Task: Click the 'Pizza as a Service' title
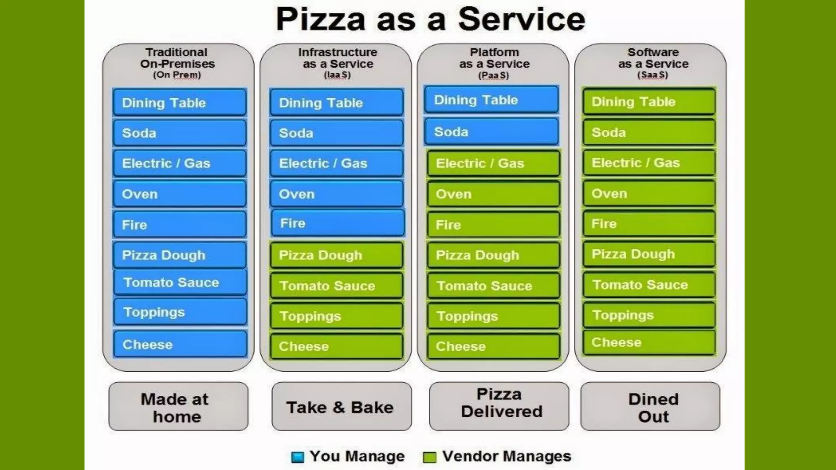431,19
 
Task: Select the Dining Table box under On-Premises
180,102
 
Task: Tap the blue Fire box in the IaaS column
338,223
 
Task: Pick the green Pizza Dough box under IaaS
336,255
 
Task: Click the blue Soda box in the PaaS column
491,132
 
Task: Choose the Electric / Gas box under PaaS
493,163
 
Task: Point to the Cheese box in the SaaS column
649,342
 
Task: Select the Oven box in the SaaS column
649,193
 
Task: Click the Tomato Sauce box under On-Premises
180,282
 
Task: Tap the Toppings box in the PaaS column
493,316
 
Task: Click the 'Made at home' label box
178,407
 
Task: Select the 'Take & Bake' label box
341,407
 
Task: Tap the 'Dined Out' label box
650,407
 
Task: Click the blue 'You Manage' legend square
298,457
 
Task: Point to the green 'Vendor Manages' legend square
429,457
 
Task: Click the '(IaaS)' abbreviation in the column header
337,75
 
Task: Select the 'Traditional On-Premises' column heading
177,58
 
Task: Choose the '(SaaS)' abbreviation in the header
652,75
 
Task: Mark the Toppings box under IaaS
336,316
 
